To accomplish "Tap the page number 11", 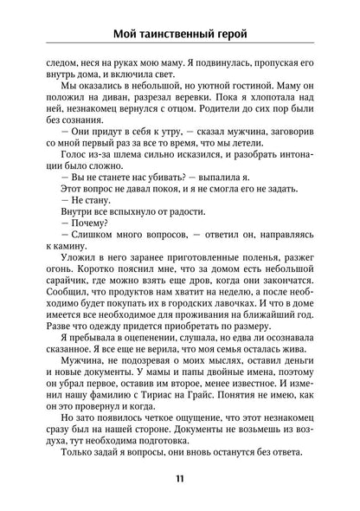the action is (179, 478).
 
